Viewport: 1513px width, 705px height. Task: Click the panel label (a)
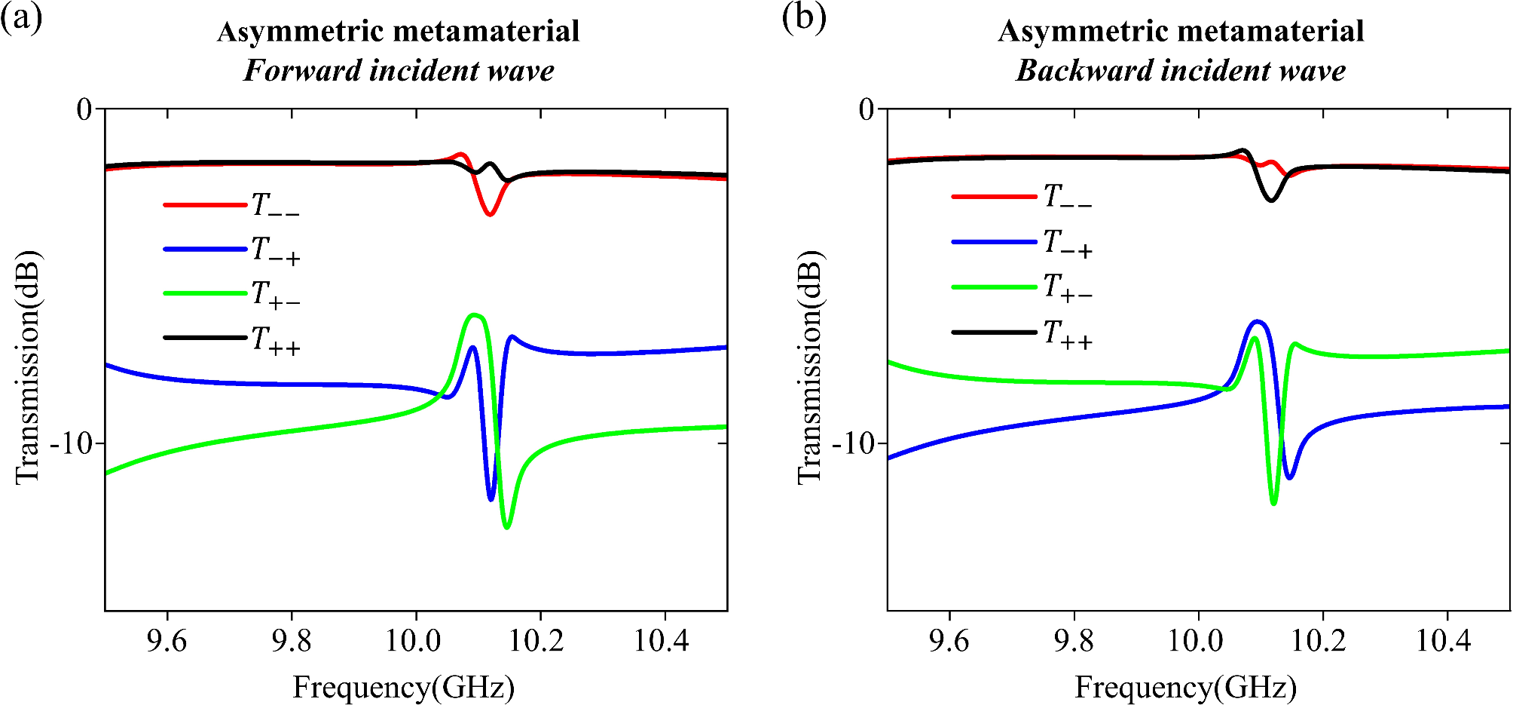tap(22, 18)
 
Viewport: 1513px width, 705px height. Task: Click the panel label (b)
tap(803, 18)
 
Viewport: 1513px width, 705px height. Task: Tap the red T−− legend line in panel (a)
tap(205, 204)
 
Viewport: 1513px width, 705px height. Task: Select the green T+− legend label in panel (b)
tap(1067, 288)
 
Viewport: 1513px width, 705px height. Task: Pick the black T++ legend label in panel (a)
tap(276, 340)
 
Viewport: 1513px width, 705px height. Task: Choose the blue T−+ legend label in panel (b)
tap(1067, 244)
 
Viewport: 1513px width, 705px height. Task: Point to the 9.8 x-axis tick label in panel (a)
tap(291, 641)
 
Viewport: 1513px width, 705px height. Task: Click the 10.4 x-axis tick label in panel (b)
tap(1444, 641)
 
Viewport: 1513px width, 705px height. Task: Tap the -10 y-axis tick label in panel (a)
tap(71, 443)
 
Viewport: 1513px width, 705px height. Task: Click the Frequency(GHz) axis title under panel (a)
tap(403, 687)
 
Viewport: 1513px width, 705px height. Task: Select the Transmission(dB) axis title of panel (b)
tap(810, 367)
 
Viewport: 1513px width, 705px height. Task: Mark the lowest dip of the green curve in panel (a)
tap(506, 527)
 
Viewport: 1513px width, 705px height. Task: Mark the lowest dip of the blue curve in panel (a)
tap(491, 499)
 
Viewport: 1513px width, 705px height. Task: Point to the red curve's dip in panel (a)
tap(490, 215)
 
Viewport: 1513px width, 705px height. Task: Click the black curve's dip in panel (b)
tap(1272, 200)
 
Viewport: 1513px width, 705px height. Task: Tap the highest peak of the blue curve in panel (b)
tap(1256, 322)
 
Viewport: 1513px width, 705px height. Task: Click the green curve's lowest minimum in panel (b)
tap(1273, 503)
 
